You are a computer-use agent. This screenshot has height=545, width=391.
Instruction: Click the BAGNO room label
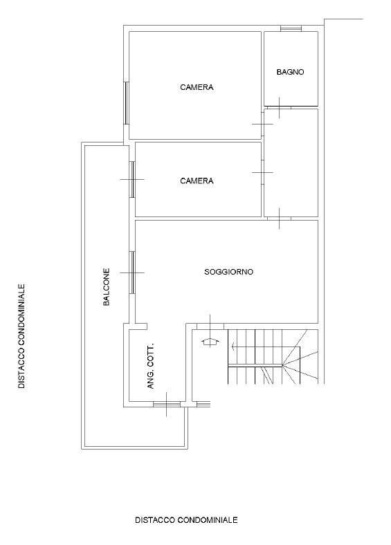[290, 72]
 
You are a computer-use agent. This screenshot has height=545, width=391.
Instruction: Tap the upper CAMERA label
[197, 87]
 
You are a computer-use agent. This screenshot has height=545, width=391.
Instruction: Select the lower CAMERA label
[197, 181]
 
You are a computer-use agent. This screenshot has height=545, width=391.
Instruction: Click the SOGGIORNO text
[228, 272]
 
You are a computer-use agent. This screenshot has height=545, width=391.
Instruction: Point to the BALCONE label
[107, 287]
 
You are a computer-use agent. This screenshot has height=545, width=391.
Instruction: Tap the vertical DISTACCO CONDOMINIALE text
[21, 336]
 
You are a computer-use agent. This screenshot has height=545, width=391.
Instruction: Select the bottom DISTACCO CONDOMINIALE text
[186, 520]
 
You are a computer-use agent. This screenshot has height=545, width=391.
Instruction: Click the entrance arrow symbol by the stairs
[210, 342]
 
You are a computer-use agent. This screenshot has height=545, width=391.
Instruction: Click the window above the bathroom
[291, 28]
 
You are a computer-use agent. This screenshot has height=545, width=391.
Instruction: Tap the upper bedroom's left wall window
[127, 103]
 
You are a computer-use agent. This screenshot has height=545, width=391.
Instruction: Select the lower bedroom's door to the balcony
[132, 180]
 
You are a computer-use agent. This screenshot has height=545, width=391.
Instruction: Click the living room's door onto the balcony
[132, 273]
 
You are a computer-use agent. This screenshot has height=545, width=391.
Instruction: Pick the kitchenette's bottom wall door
[167, 404]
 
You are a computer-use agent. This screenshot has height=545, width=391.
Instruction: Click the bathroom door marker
[280, 108]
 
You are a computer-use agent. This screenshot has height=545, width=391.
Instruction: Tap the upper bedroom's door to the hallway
[263, 124]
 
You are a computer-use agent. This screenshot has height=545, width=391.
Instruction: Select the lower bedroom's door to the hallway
[263, 172]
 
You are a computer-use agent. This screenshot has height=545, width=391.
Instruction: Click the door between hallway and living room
[280, 219]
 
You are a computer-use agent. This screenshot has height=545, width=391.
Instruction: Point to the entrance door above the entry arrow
[210, 326]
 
